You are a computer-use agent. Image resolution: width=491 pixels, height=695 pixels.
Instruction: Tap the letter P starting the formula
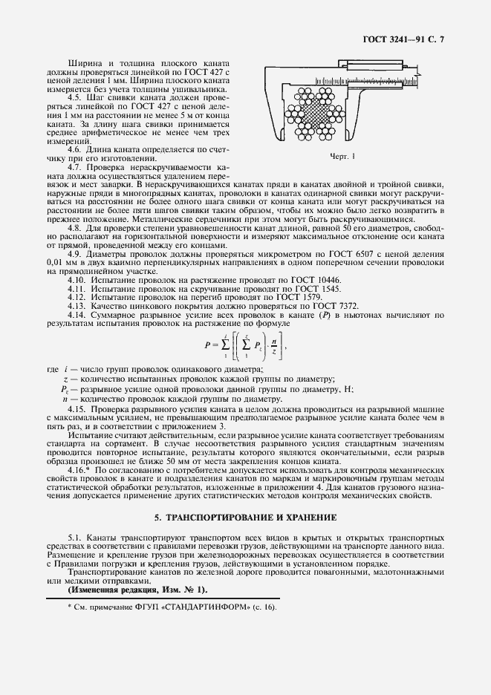[x=207, y=345]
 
